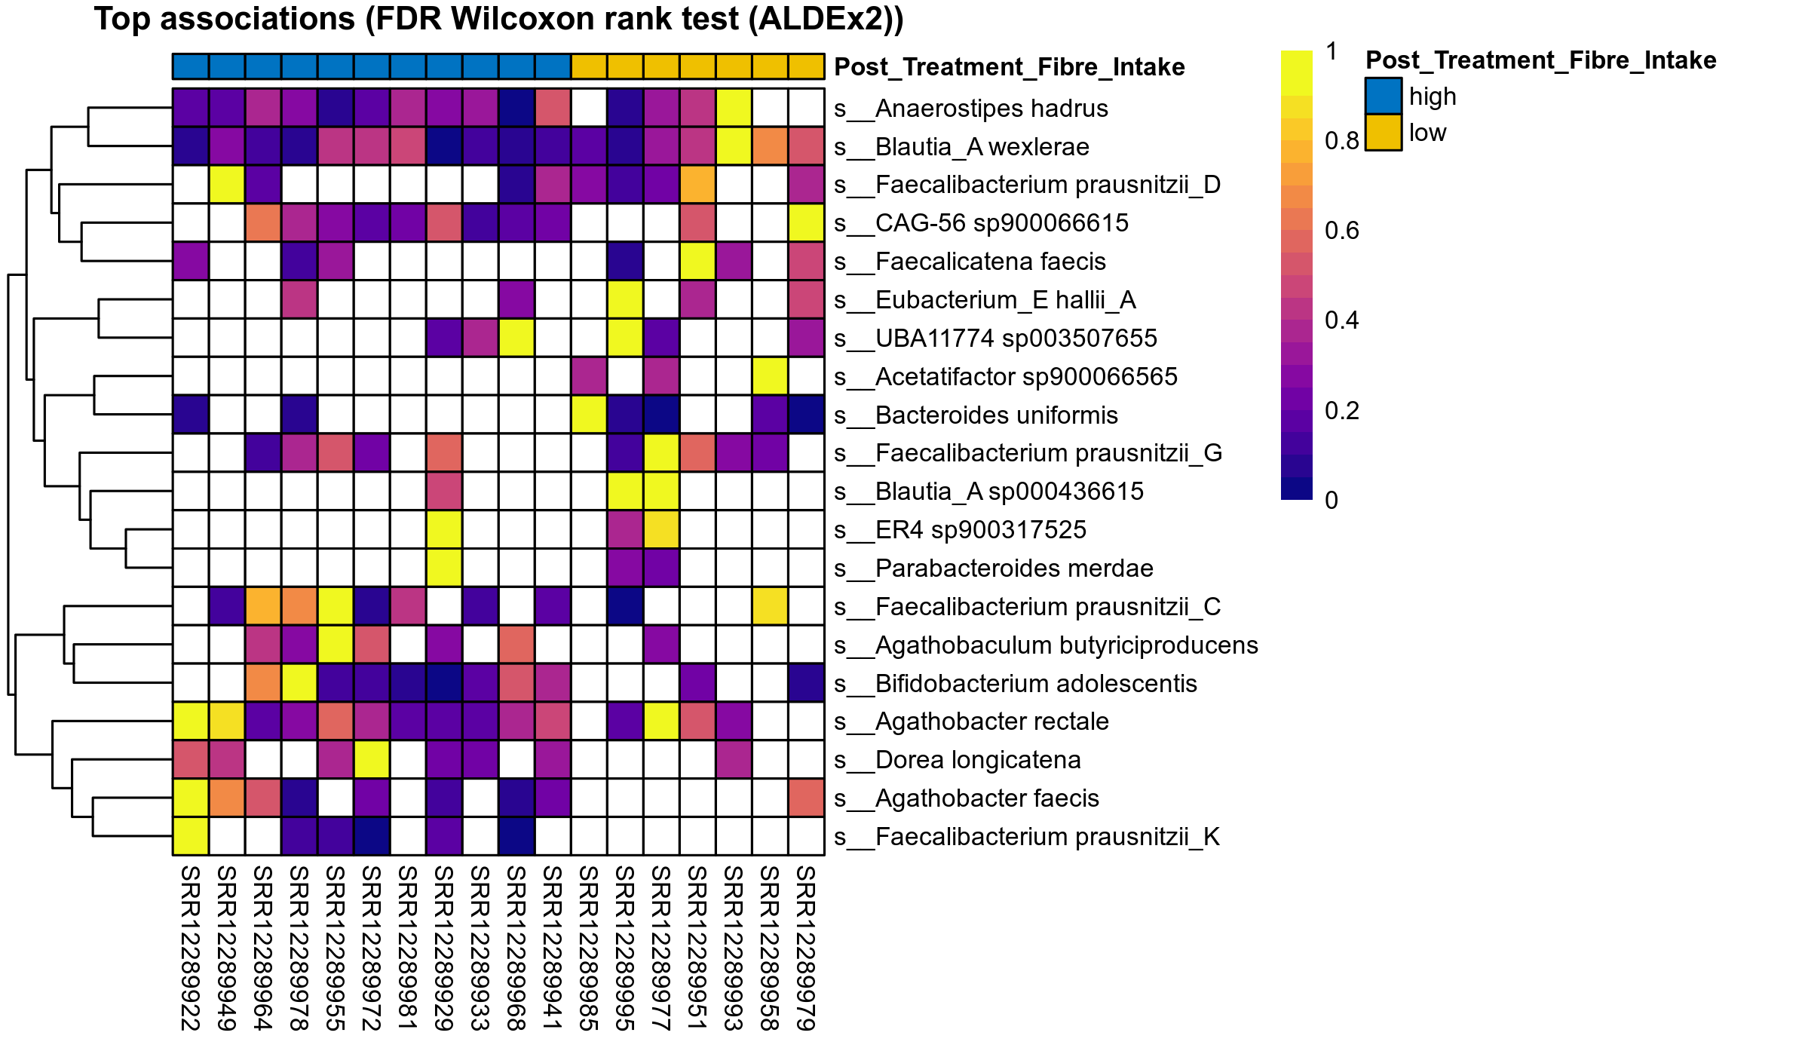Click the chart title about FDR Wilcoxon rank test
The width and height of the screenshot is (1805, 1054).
498,20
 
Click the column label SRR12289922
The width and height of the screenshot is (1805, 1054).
190,948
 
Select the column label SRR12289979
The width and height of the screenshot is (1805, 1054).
805,948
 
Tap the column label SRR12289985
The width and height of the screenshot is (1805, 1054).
588,948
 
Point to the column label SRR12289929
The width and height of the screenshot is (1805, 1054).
443,948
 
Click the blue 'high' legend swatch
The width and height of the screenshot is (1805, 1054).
1383,97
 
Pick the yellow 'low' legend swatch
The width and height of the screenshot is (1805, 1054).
1383,133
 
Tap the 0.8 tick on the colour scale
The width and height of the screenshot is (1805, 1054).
1341,141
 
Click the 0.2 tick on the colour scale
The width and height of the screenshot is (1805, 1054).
1341,411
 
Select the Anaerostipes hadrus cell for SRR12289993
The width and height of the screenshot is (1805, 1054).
734,108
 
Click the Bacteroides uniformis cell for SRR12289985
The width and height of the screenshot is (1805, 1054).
589,415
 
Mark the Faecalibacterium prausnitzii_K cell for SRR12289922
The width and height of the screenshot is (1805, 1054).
191,836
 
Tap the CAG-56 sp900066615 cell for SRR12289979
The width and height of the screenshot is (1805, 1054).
806,222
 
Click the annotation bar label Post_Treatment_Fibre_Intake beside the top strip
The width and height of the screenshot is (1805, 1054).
1009,67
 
